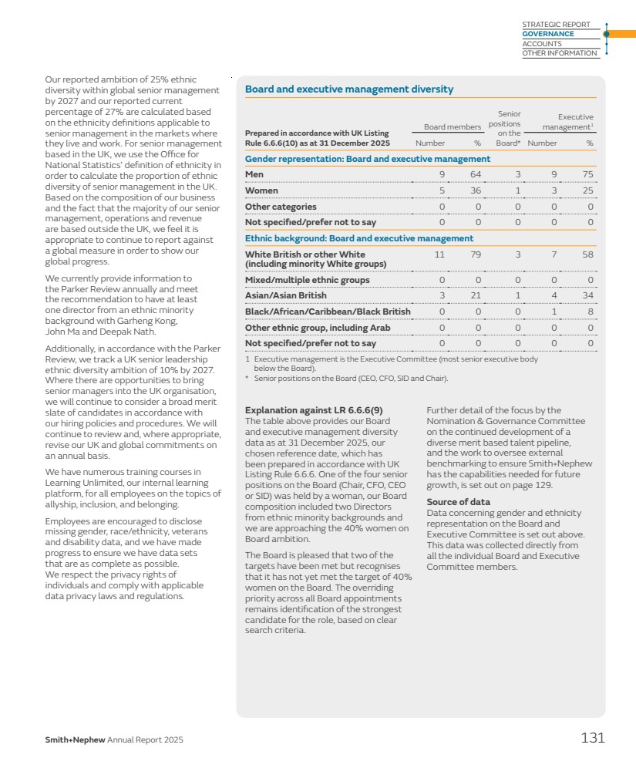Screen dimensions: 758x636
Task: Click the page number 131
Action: click(x=592, y=738)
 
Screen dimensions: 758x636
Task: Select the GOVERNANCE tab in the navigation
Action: click(x=548, y=34)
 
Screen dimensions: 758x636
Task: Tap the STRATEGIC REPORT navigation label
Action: click(x=556, y=25)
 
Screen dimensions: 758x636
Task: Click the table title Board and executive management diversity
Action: click(x=348, y=89)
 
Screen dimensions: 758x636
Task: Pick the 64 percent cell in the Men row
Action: click(x=476, y=174)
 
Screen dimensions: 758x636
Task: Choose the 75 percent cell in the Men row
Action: click(x=589, y=174)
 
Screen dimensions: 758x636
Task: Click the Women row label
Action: click(x=261, y=190)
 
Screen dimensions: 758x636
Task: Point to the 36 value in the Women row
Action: click(x=476, y=190)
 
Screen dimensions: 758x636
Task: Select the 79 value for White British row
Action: click(x=476, y=254)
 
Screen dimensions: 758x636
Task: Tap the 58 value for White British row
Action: click(x=589, y=254)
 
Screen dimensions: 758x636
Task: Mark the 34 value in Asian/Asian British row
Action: click(x=589, y=295)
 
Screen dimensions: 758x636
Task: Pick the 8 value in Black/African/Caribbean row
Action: click(x=591, y=312)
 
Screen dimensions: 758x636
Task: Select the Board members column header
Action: click(x=453, y=126)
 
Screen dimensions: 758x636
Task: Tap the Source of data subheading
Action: click(x=458, y=502)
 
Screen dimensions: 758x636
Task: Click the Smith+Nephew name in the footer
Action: click(x=75, y=740)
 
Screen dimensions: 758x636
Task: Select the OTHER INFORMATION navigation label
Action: click(x=560, y=53)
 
